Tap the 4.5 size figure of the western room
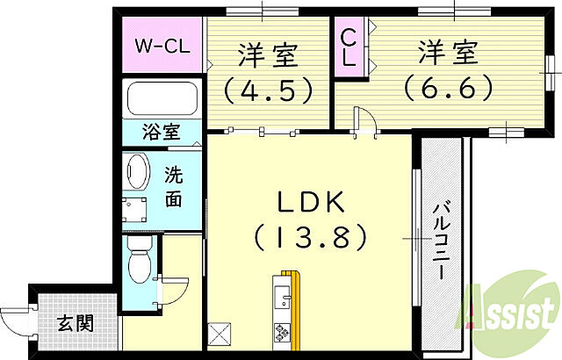(x=268, y=89)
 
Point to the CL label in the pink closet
(x=349, y=47)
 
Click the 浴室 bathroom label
(x=162, y=133)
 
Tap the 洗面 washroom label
(x=174, y=186)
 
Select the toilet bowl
(x=137, y=264)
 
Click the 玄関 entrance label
(x=76, y=323)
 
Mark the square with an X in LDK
(x=219, y=335)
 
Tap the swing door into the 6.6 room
(x=364, y=122)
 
